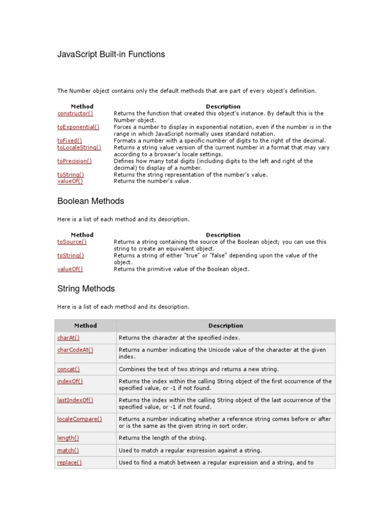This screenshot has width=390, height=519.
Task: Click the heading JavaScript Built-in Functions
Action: (x=111, y=54)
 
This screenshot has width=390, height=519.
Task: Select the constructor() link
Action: (x=75, y=114)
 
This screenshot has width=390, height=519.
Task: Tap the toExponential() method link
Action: (x=78, y=127)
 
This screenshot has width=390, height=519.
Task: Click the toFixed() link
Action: (x=70, y=140)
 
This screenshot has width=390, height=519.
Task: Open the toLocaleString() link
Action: (x=79, y=147)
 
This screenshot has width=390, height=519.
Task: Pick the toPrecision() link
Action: (x=75, y=161)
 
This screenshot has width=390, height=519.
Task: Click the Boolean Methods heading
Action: (x=91, y=201)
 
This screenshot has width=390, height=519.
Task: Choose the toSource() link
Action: (x=72, y=242)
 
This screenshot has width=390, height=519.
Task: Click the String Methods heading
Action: (x=86, y=289)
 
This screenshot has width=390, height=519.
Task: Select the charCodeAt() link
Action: (x=75, y=350)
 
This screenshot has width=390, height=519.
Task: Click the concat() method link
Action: (x=69, y=369)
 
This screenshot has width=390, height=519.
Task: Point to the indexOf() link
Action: (x=70, y=381)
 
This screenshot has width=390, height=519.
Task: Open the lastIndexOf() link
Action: (x=75, y=400)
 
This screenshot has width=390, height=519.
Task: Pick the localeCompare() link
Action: (x=80, y=419)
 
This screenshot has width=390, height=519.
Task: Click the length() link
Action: (x=68, y=438)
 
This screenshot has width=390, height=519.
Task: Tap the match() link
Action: (x=68, y=450)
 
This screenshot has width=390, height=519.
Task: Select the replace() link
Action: (x=70, y=462)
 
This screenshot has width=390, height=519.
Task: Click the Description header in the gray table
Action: (x=225, y=326)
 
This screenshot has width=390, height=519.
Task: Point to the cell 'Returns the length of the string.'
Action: (x=162, y=438)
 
